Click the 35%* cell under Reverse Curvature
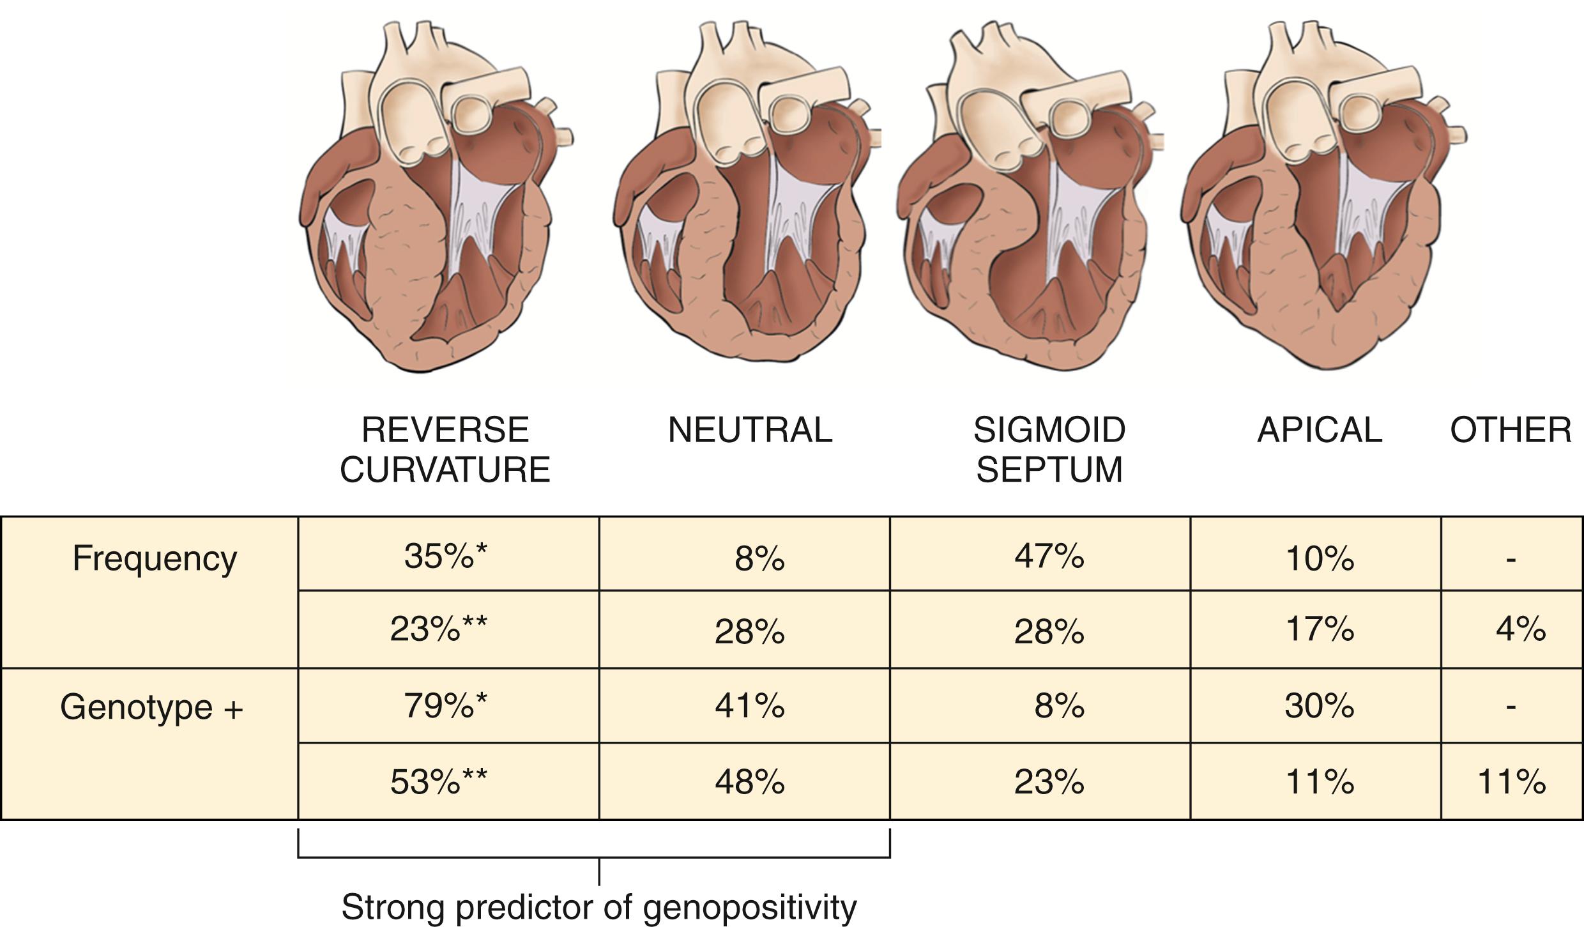pos(445,556)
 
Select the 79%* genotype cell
pos(445,706)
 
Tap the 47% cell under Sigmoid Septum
pos(1049,556)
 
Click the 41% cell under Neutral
pos(749,707)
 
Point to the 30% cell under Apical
pos(1319,707)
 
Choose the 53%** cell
pos(438,781)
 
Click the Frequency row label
pos(155,558)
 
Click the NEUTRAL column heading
pos(750,430)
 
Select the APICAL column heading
pos(1320,430)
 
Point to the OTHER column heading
pos(1511,430)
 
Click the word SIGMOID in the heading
pos(1049,430)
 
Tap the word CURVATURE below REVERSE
pos(445,470)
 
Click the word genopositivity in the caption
pos(749,907)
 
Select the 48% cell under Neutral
pos(749,781)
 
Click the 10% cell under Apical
pos(1319,558)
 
